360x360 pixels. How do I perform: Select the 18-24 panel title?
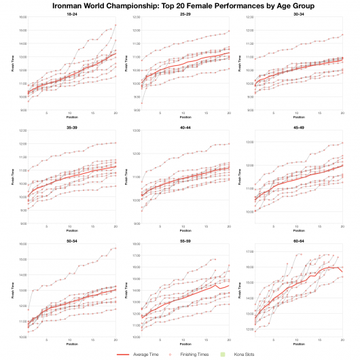click(x=71, y=13)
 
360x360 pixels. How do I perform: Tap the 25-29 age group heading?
click(x=185, y=13)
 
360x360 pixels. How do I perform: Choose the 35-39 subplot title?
click(x=71, y=126)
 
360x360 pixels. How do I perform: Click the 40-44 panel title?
click(x=185, y=126)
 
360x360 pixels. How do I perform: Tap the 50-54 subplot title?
click(x=71, y=240)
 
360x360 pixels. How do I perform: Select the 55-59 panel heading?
click(x=185, y=240)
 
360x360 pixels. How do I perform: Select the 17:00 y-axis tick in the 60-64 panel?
click(x=250, y=252)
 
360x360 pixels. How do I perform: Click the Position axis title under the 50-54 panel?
click(x=71, y=344)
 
